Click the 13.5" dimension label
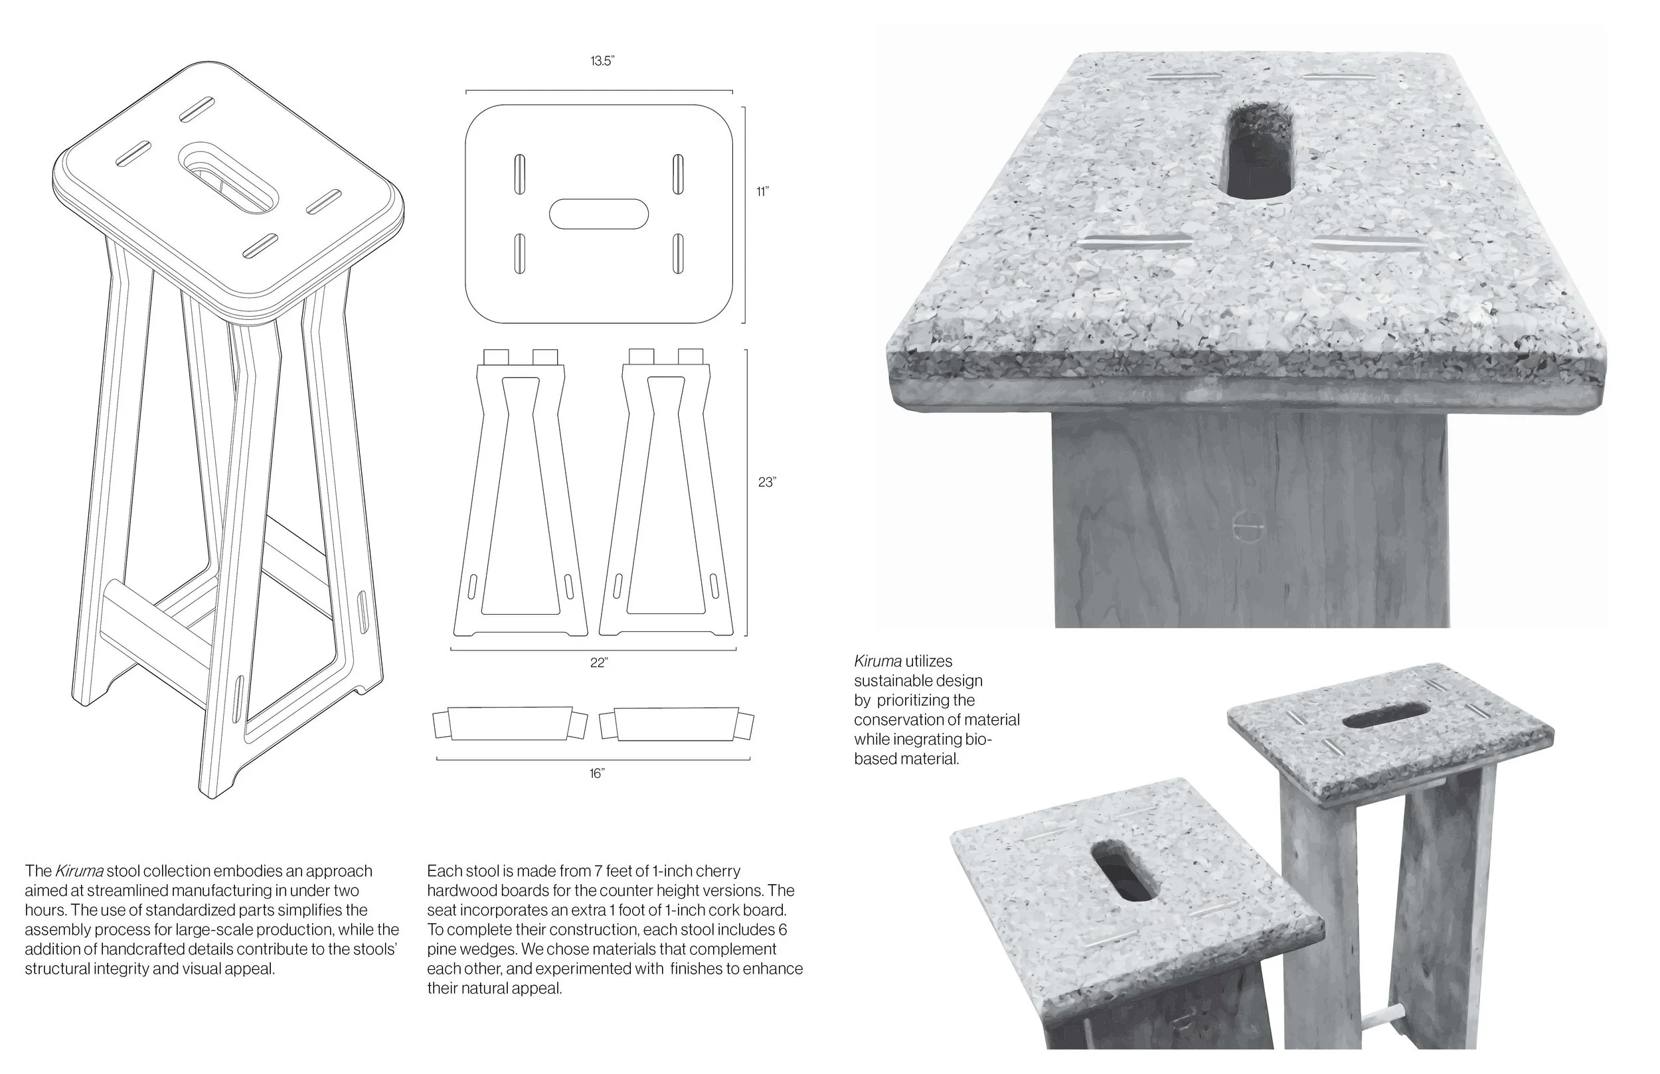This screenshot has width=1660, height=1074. (602, 61)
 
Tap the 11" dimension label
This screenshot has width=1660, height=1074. (762, 192)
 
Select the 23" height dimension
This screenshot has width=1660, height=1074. (766, 482)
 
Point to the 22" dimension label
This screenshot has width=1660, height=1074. (598, 662)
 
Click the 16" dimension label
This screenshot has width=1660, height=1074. (596, 773)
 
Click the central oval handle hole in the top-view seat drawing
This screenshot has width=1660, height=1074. (599, 214)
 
